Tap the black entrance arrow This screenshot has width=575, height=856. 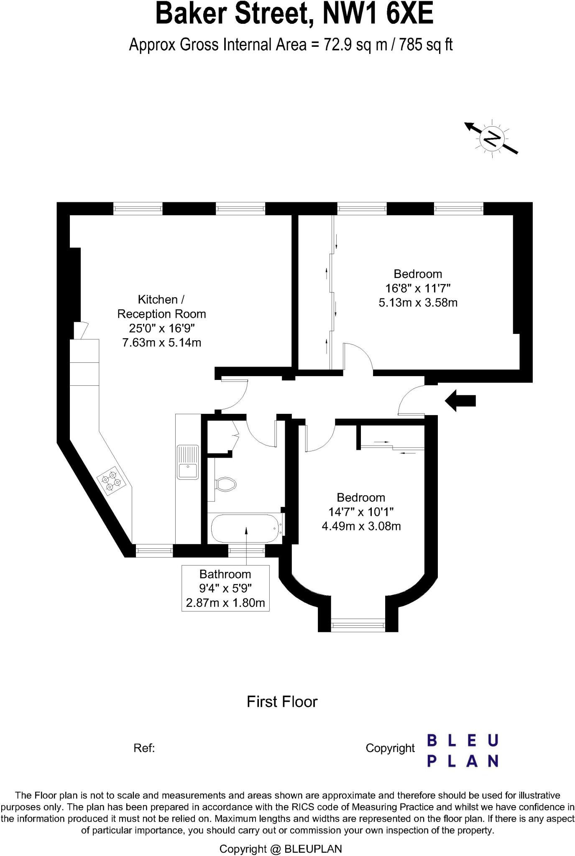click(460, 401)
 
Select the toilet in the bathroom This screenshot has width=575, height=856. click(226, 485)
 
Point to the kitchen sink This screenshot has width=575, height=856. click(188, 462)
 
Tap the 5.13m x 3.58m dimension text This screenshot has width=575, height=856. click(418, 302)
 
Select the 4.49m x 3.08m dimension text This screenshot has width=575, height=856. click(361, 526)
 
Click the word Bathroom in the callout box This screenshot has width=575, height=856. click(225, 574)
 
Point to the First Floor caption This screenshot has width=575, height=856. click(282, 701)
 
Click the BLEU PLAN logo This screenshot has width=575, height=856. click(462, 751)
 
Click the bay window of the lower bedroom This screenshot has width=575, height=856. click(358, 625)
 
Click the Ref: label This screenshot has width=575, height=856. click(144, 748)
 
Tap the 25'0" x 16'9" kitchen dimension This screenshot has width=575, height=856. click(161, 328)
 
